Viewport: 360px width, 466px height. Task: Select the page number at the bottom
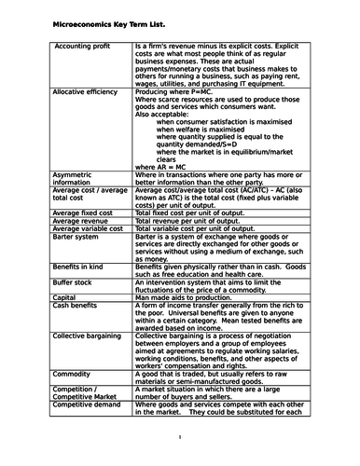tap(179, 437)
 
